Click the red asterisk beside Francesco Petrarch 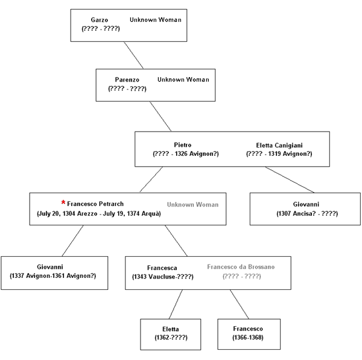(63, 202)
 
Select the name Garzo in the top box (100, 20)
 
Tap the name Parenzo (127, 80)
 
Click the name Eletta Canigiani (279, 146)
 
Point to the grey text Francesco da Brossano (241, 267)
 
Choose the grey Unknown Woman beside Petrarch (193, 205)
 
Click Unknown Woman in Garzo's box (156, 20)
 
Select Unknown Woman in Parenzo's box (183, 80)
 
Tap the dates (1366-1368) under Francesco (248, 338)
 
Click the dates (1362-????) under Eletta (171, 338)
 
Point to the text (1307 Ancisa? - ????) (307, 213)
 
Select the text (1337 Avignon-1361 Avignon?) (52, 275)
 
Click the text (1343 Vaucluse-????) (163, 277)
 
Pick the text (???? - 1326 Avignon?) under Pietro (186, 153)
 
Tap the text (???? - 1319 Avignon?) (279, 153)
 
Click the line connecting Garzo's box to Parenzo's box (134, 55)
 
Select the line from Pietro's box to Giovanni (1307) (290, 179)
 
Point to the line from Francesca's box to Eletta (176, 304)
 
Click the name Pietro (183, 145)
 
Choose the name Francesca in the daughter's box (162, 268)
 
